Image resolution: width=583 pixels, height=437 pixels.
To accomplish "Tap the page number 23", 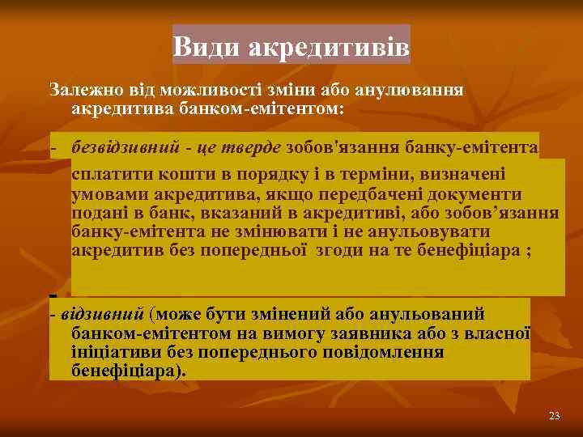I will click(x=554, y=416).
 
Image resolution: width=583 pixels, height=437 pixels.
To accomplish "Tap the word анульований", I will click(x=436, y=314).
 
